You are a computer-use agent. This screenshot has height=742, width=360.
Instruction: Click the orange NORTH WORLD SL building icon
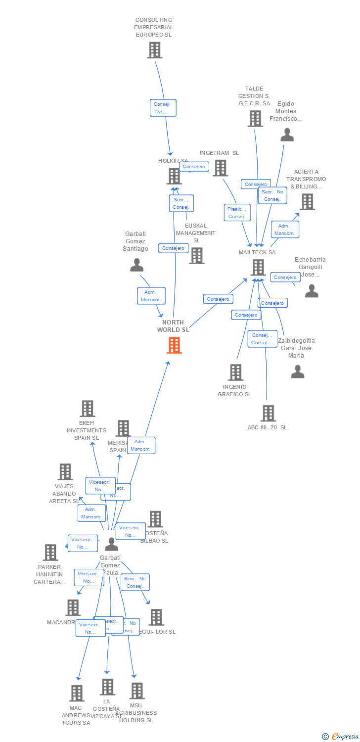click(174, 345)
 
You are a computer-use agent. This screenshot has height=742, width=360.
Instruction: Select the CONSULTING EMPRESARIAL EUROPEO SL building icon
click(155, 50)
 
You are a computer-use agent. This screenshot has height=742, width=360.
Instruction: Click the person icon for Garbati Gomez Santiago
click(136, 265)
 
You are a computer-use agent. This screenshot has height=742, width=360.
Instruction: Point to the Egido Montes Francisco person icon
click(287, 135)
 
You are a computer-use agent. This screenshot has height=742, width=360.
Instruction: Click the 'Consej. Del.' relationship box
click(163, 108)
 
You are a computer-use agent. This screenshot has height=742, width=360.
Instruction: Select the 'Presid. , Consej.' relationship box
click(237, 213)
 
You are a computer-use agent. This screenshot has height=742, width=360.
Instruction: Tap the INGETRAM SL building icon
click(220, 168)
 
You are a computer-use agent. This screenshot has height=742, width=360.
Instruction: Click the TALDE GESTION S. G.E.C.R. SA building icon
click(255, 119)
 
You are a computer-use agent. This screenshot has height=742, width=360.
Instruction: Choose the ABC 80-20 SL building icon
click(268, 413)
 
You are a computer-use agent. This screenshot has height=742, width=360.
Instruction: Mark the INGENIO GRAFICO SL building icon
click(236, 372)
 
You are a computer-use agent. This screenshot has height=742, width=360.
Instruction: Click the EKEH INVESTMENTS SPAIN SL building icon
click(88, 409)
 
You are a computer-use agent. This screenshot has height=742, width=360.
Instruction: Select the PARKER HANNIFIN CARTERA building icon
click(50, 552)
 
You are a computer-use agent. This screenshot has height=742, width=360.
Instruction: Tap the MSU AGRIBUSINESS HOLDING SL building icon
click(137, 691)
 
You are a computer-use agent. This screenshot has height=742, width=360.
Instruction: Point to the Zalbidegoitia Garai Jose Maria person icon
click(298, 371)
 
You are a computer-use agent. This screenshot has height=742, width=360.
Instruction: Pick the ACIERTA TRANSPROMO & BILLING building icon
click(307, 202)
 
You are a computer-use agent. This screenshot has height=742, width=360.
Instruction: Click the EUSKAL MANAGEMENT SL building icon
click(197, 255)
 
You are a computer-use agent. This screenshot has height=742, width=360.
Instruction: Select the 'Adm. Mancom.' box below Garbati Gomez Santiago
click(150, 296)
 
